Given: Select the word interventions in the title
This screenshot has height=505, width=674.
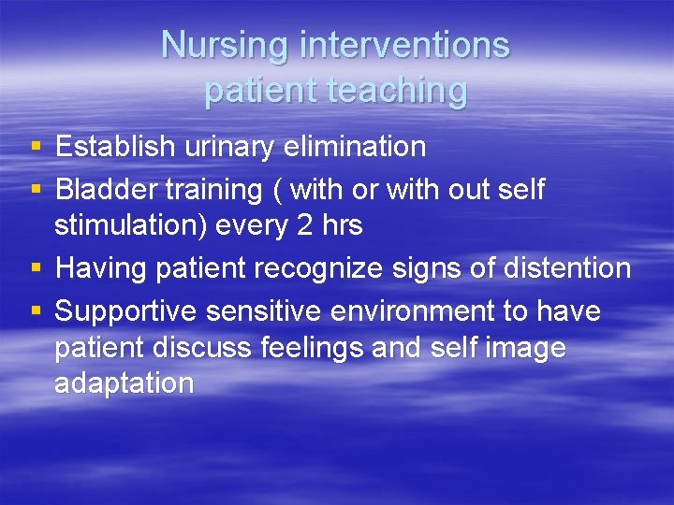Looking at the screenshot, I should pyautogui.click(x=403, y=45).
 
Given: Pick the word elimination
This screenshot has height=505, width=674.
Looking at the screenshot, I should pyautogui.click(x=361, y=147).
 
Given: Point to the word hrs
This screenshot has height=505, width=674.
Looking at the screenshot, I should pyautogui.click(x=345, y=225).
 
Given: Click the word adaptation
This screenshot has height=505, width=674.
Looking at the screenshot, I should pyautogui.click(x=125, y=383).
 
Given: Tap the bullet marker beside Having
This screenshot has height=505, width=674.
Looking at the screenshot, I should pyautogui.click(x=36, y=269).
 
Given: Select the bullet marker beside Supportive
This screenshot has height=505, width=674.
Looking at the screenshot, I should pyautogui.click(x=36, y=311).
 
